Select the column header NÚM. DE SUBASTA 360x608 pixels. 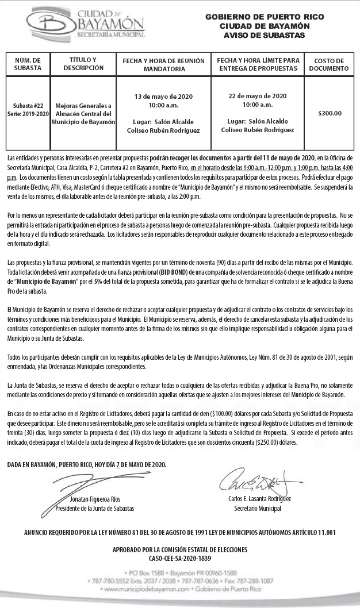[x=28, y=64]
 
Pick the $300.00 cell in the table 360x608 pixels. [x=330, y=113]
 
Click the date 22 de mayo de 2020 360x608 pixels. [x=257, y=96]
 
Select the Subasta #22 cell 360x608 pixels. [x=28, y=106]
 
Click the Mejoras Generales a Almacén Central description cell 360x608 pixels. [x=86, y=114]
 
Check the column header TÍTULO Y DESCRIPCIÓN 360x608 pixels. [x=86, y=64]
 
